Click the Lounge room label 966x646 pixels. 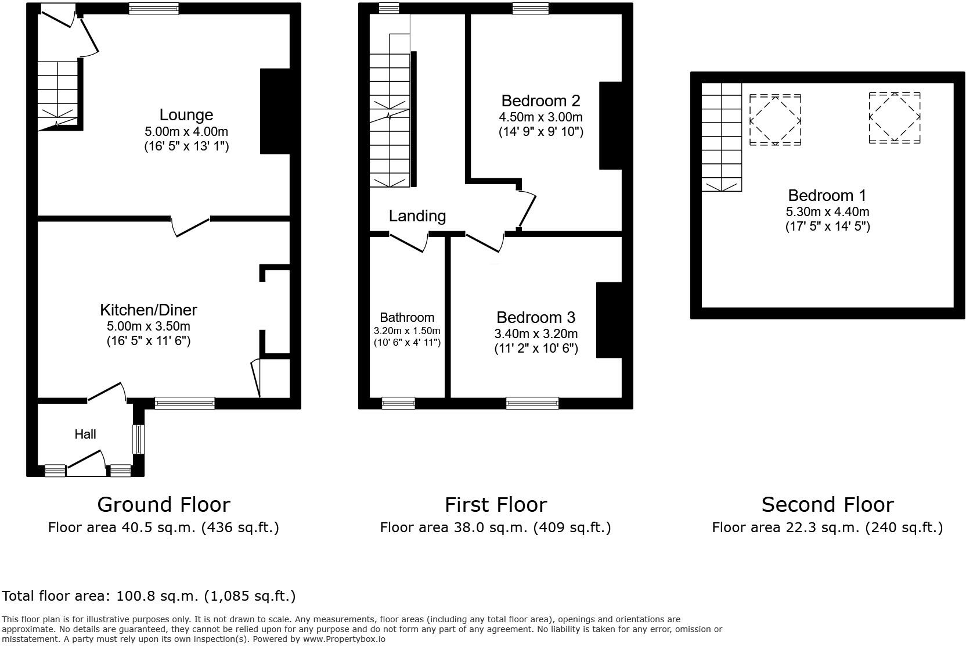186,115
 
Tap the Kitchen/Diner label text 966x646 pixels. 149,310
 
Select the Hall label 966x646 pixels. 85,434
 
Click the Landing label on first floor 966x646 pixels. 417,216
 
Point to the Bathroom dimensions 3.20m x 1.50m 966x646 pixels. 407,331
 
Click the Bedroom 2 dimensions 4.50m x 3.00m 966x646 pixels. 540,117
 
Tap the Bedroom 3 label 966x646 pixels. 535,318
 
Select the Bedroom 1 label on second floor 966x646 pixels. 827,195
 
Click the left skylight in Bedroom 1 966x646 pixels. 775,120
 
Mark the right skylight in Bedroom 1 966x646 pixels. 894,117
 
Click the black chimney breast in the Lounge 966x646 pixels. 275,112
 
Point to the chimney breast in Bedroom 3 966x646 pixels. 609,320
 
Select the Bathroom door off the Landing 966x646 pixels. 408,242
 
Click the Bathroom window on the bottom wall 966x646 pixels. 398,403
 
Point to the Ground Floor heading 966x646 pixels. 163,504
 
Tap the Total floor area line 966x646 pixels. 149,596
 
